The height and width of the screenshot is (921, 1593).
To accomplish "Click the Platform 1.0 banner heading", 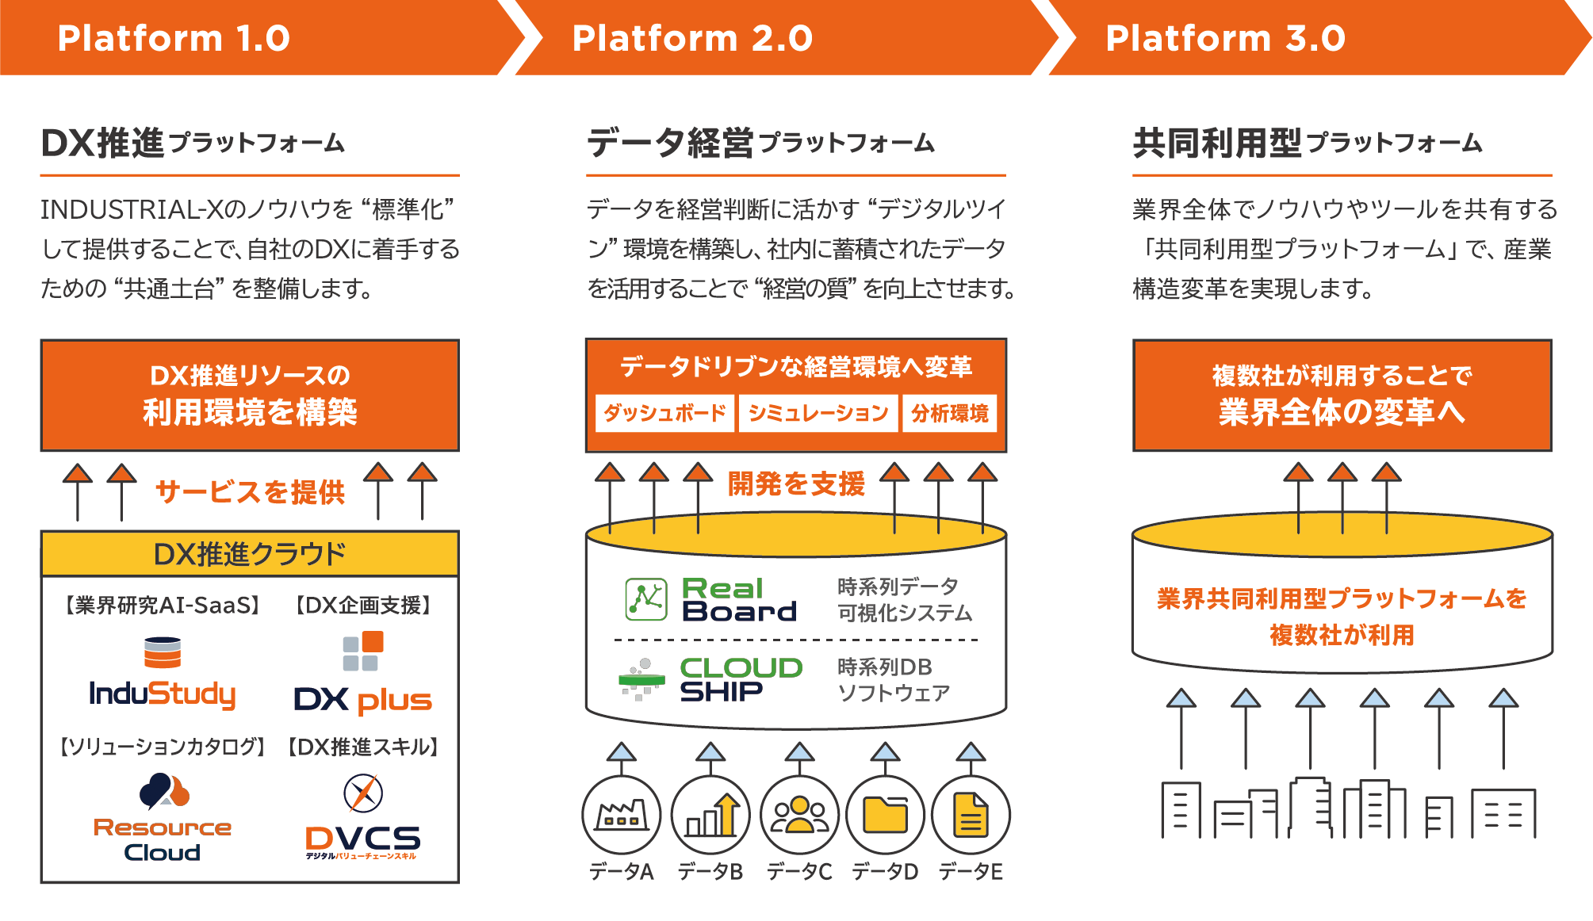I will (174, 38).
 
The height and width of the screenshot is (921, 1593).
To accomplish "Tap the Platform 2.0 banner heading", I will (692, 38).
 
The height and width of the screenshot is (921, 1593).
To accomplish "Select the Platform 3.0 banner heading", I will (1225, 38).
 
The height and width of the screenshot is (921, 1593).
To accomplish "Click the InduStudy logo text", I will (163, 694).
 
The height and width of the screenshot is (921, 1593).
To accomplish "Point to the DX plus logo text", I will (363, 699).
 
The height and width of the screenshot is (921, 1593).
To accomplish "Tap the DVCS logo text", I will (363, 839).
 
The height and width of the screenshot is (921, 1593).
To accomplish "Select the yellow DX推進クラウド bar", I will (250, 553).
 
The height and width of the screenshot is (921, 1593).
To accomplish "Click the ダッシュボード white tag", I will (664, 413).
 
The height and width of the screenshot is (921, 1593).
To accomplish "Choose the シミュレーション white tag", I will (818, 413).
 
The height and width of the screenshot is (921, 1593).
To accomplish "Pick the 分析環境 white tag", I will (949, 413).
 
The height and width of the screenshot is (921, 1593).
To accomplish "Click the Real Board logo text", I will (738, 599).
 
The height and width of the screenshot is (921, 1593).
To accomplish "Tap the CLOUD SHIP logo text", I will (741, 679).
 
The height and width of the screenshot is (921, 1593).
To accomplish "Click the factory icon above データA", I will (621, 815).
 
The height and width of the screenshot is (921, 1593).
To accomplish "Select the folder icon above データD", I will (885, 815).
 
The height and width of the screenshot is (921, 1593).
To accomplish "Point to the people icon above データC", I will (799, 815).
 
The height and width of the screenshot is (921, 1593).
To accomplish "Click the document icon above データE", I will (971, 815).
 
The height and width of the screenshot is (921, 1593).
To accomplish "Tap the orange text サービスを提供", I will (250, 492).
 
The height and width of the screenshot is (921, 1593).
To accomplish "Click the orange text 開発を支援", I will (796, 483).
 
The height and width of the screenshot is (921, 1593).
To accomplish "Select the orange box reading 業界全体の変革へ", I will (1342, 396).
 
